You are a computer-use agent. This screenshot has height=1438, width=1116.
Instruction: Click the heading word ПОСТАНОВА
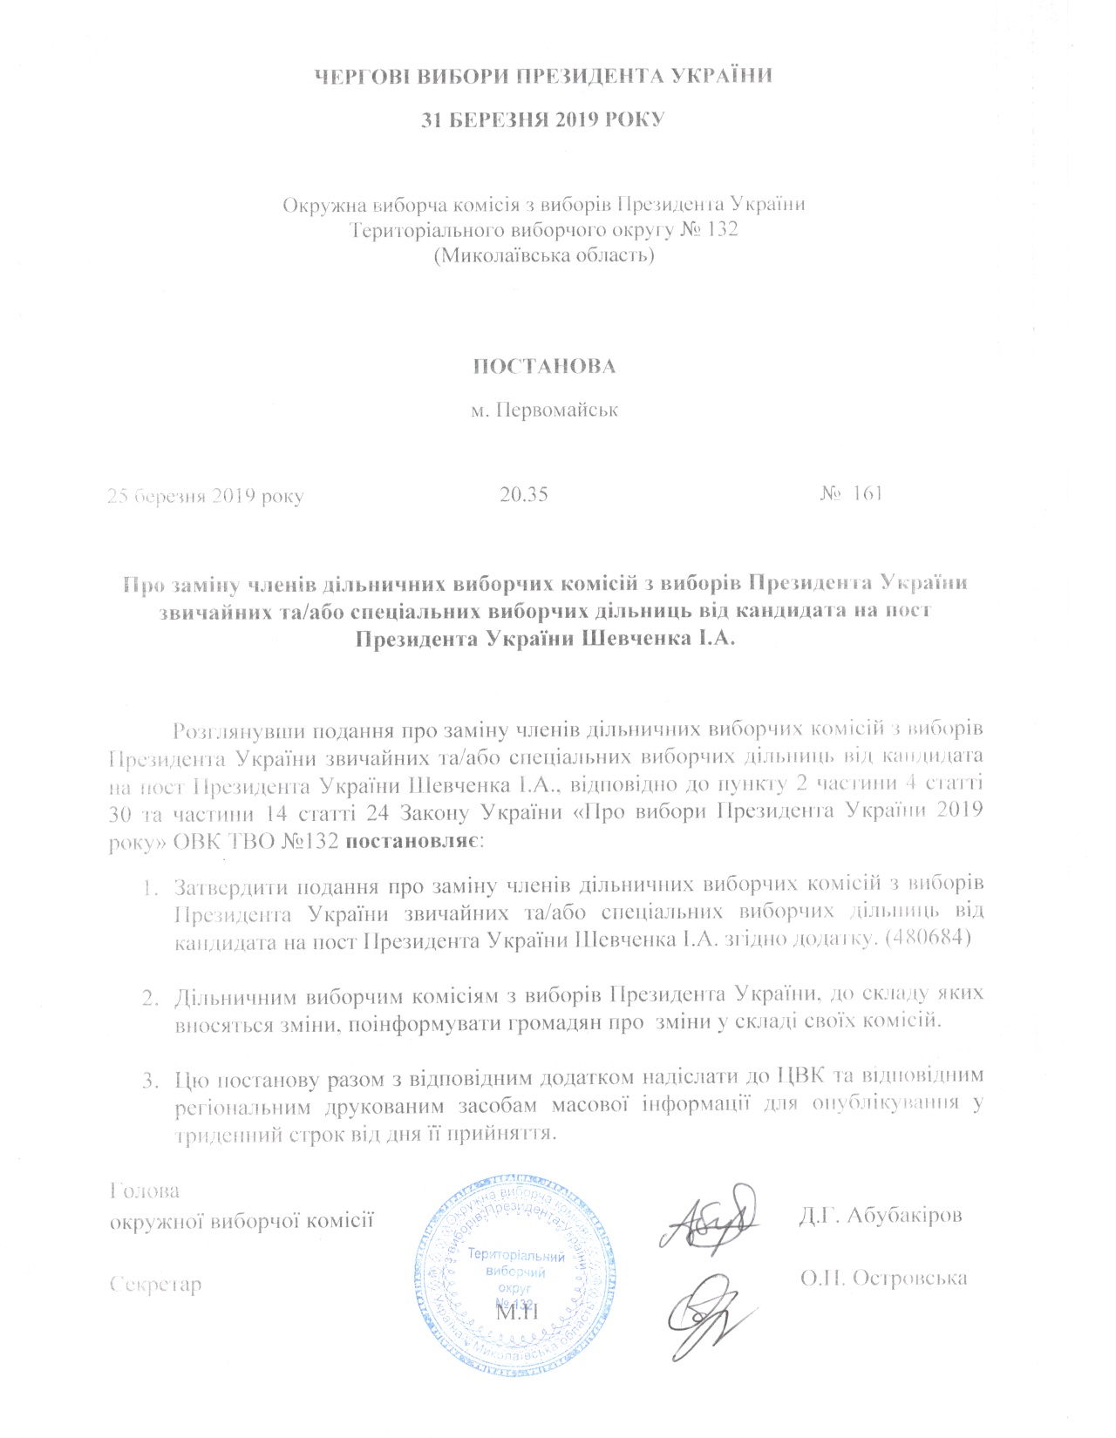pos(544,367)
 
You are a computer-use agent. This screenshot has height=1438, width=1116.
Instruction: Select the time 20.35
pos(524,494)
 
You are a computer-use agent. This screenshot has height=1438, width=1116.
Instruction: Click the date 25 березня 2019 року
pos(205,496)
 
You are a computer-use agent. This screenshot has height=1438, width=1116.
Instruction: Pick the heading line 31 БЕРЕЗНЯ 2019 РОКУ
pos(542,119)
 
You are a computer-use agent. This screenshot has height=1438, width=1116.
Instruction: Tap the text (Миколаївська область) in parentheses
pos(544,256)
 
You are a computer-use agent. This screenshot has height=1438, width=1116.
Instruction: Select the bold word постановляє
pos(410,842)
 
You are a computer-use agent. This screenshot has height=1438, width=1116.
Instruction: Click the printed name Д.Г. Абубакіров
pos(881,1215)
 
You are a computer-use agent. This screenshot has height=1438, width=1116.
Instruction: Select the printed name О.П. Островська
pos(883,1278)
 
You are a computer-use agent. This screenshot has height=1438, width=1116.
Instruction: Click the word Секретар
pos(156,1284)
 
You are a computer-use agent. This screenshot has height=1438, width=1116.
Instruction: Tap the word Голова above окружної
pos(146,1190)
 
